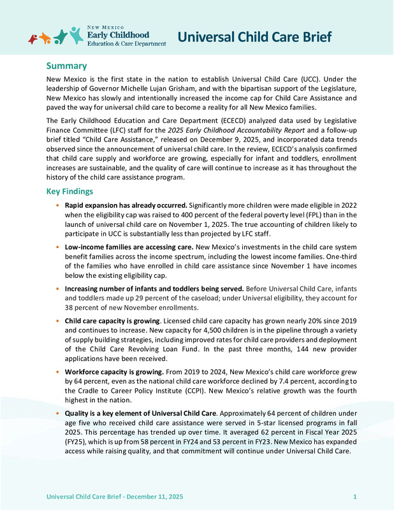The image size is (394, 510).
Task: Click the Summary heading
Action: coord(66,66)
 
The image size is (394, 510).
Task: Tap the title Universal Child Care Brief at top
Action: coord(254,37)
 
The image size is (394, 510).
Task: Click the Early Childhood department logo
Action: coord(97,36)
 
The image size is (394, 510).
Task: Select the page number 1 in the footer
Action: coord(354,495)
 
